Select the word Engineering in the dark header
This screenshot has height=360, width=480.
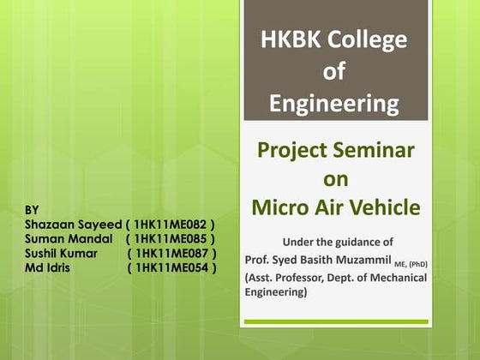(334, 104)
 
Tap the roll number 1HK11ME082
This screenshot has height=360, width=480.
(171, 224)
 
